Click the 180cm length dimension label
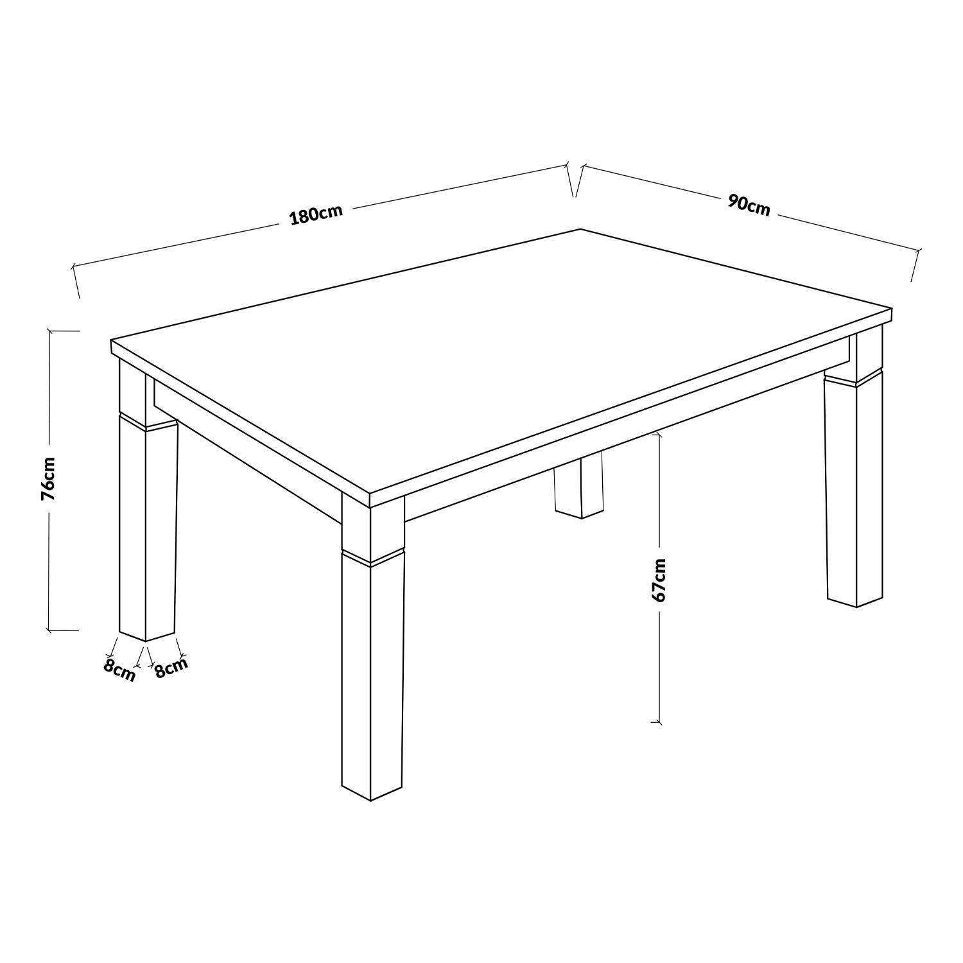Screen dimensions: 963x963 pos(317,214)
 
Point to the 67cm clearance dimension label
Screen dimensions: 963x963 pos(659,580)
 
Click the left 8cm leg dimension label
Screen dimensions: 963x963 pos(119,670)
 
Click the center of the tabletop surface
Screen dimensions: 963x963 pos(501,360)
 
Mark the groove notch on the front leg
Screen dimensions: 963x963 pos(372,557)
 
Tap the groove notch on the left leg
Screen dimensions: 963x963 pos(148,421)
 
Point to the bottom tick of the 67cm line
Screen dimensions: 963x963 pos(656,722)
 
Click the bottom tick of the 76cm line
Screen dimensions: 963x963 pos(63,630)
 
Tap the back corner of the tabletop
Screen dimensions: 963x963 pos(580,229)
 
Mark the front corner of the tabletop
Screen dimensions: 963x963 pos(370,496)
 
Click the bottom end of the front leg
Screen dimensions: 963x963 pos(372,801)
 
